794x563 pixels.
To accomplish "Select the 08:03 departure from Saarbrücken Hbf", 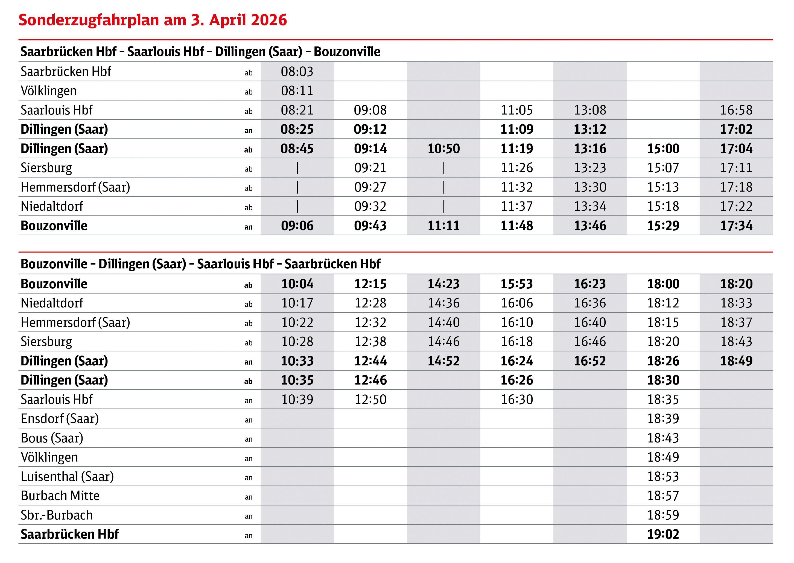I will (x=297, y=72).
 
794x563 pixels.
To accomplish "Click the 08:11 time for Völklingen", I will (x=297, y=91).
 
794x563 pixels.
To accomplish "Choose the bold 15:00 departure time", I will (x=663, y=149).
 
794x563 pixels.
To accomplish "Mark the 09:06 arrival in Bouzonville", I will (x=297, y=226).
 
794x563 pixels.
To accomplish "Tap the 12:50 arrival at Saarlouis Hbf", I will (x=370, y=399).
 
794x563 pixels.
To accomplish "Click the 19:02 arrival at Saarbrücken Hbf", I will (x=663, y=534).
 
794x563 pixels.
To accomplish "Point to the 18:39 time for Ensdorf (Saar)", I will (x=663, y=419).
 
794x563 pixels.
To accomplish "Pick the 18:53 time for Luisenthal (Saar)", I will (x=663, y=477).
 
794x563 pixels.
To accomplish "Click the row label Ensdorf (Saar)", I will (x=60, y=419).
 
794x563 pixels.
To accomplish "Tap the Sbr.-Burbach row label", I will (x=57, y=515).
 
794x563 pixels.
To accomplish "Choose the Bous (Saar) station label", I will (x=52, y=438).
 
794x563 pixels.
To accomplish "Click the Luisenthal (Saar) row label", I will (x=67, y=477).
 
